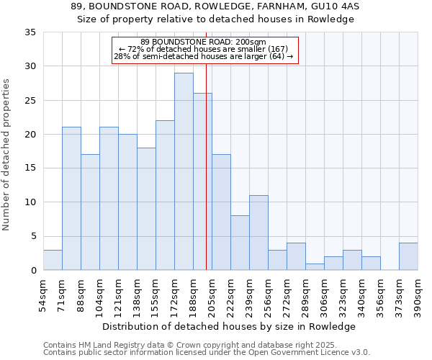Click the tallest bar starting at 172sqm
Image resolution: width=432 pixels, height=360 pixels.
(x=184, y=171)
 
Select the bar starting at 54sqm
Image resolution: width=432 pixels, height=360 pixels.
(x=53, y=260)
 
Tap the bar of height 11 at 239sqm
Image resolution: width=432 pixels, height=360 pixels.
(x=258, y=233)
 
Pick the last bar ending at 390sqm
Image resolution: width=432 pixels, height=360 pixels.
(x=408, y=256)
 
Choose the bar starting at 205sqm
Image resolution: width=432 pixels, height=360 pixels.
(x=221, y=212)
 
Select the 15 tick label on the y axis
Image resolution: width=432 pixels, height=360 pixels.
(x=30, y=168)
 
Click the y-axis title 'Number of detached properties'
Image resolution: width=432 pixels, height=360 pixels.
(x=7, y=155)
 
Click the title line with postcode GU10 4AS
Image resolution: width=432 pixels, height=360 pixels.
(x=216, y=6)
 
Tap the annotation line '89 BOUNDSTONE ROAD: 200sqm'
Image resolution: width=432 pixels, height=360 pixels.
(x=204, y=42)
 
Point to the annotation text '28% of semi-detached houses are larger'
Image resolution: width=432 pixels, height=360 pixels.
(x=204, y=57)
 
